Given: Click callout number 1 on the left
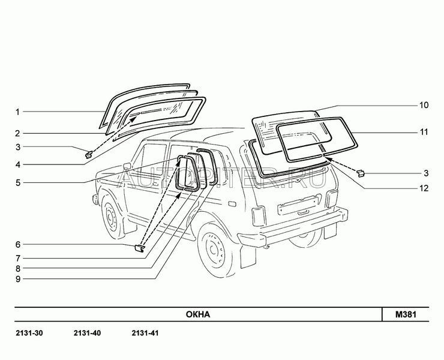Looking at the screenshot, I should click(18, 112).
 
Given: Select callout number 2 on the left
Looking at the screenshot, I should click(18, 133).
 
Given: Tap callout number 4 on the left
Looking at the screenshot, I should click(18, 164).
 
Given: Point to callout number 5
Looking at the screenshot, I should click(18, 182).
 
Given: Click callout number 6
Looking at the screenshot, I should click(18, 244).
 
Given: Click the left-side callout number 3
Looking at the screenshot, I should click(18, 147).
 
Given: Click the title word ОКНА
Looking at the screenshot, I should click(197, 314).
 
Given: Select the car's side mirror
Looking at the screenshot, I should click(127, 166).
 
